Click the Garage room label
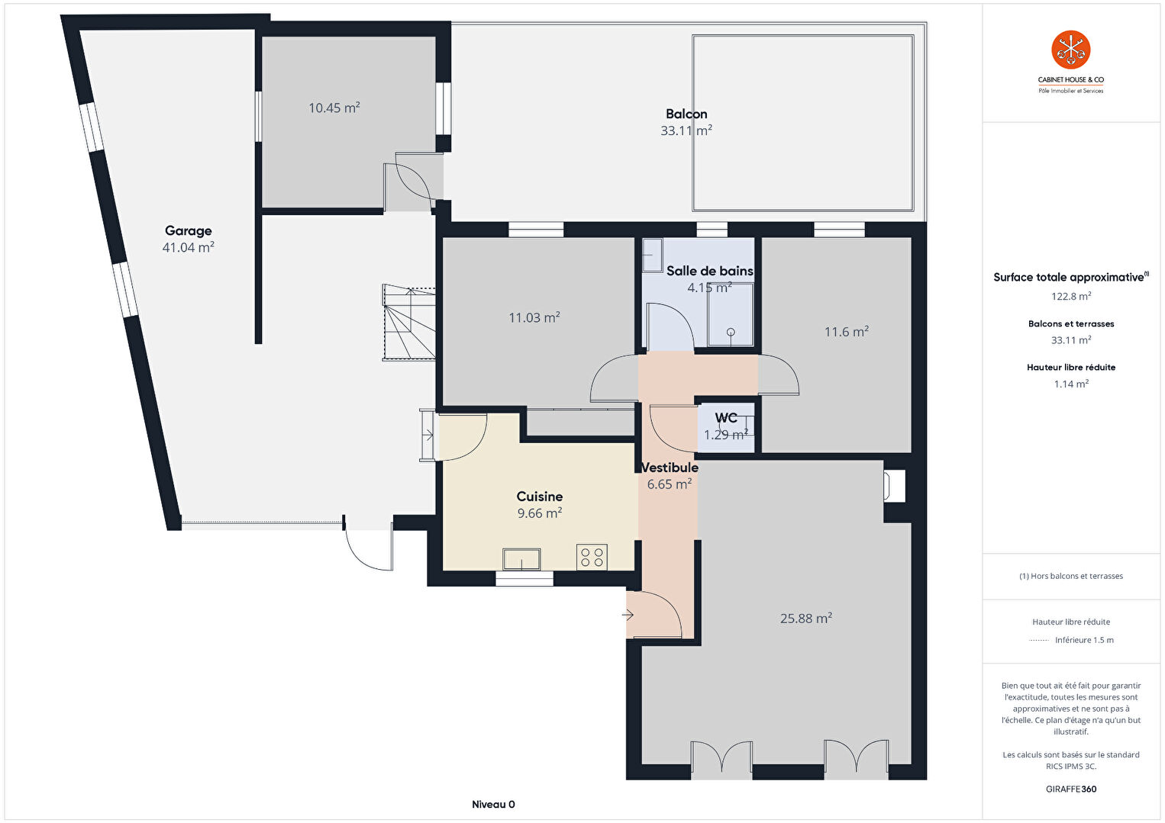pos(189,230)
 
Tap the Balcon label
pos(686,114)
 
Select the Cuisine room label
pos(539,497)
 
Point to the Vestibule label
pos(670,467)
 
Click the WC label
pos(726,418)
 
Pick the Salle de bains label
pos(710,271)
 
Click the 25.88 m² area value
pos(806,619)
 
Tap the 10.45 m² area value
pos(334,108)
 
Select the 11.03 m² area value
pos(534,317)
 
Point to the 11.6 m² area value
pos(847,332)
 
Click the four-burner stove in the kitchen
pos(592,558)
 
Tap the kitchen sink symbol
pos(521,559)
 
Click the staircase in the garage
pos(409,322)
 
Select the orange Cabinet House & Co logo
pos(1071,50)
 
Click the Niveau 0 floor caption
pos(493,804)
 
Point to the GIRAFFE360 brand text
pos(1071,789)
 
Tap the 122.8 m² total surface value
pos(1071,296)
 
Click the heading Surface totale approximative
pos(1069,278)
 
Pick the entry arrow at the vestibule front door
pos(628,616)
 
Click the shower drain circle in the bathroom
pos(731,332)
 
